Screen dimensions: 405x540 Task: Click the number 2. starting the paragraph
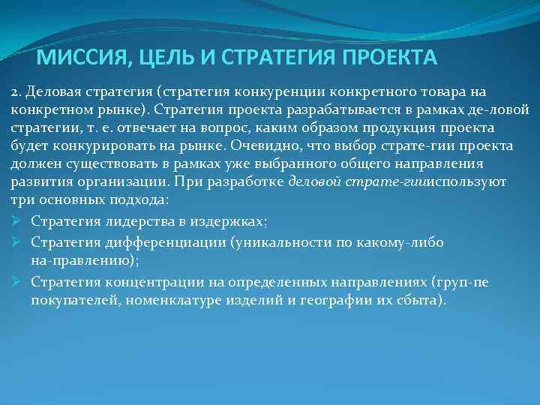[16, 91]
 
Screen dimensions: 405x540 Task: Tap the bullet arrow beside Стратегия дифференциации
[18, 242]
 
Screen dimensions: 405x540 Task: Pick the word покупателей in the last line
[76, 301]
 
